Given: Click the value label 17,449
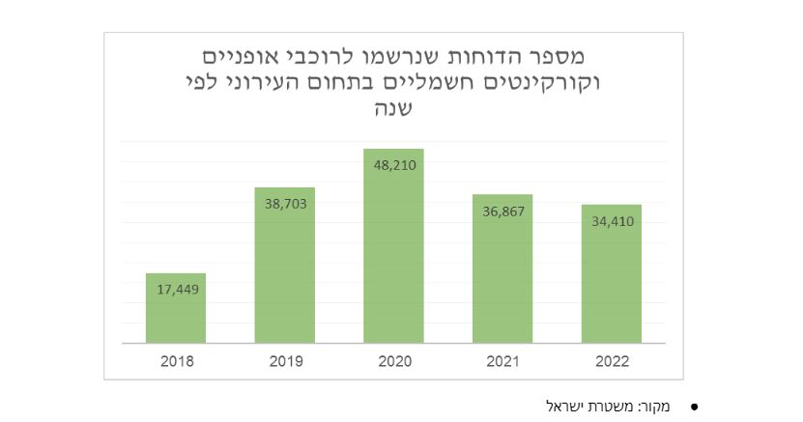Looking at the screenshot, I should click(x=176, y=289).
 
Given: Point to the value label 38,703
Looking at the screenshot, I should click(x=285, y=204).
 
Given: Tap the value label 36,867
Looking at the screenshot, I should click(x=502, y=211).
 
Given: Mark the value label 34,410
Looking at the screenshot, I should click(x=612, y=221).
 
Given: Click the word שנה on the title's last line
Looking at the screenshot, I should click(x=393, y=108).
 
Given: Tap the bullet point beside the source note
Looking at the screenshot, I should click(x=693, y=407).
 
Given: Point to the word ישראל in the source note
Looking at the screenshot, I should click(x=564, y=406).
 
